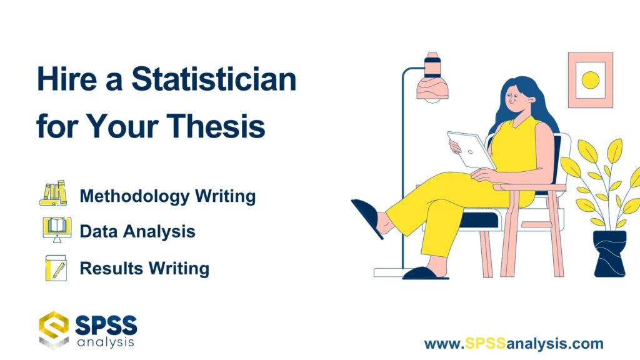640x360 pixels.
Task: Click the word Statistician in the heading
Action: tap(214, 81)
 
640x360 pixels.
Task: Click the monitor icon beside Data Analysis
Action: tap(56, 230)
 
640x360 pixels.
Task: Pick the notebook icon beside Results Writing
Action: tap(56, 267)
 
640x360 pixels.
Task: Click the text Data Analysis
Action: tap(137, 232)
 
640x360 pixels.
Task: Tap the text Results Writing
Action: tap(144, 269)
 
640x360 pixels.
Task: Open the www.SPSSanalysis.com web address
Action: tap(514, 343)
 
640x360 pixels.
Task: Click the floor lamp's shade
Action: tap(431, 79)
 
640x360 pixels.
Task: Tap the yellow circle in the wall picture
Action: tap(590, 79)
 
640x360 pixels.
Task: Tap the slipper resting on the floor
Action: tap(425, 273)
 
